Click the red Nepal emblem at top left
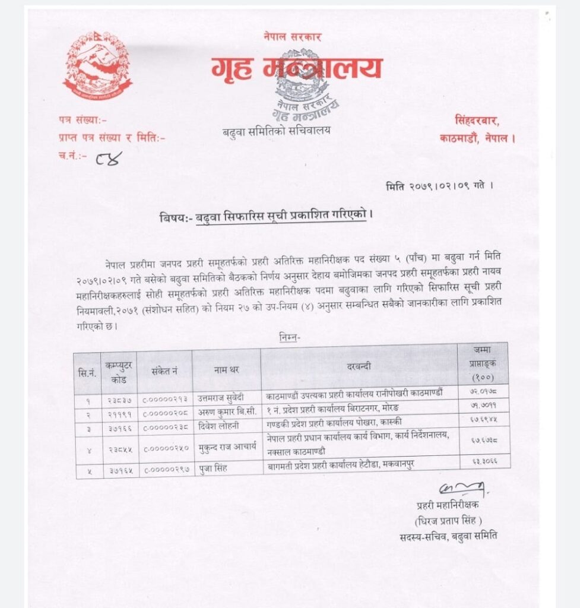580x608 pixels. (97, 65)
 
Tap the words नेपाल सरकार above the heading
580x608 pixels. (293, 37)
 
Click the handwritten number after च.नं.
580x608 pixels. (109, 159)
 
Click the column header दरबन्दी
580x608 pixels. (359, 367)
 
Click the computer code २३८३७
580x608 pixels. (119, 395)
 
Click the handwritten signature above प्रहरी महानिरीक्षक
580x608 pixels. (462, 491)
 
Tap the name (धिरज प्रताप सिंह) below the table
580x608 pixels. (448, 521)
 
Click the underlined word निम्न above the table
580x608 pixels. (290, 338)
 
